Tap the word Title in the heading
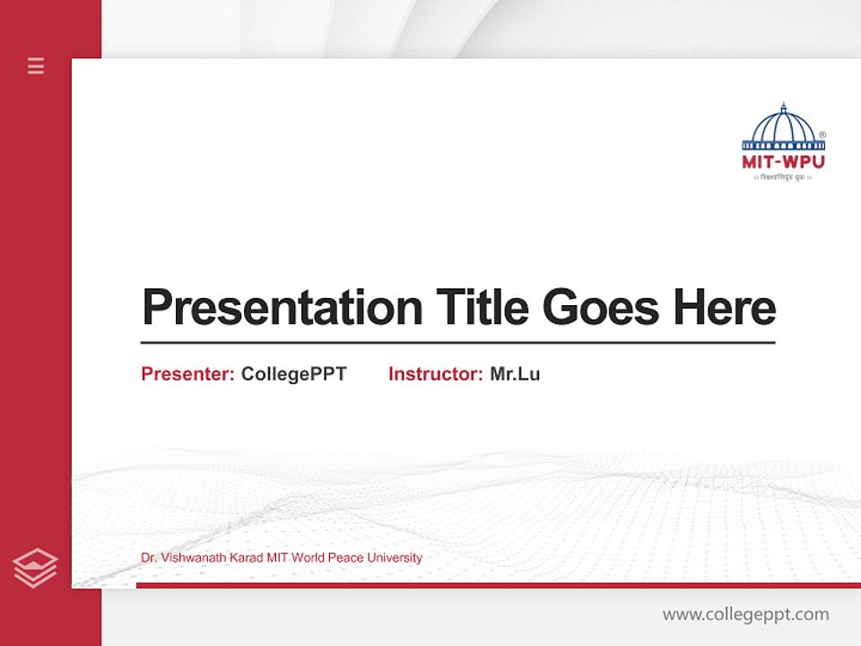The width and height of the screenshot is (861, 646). coord(482,308)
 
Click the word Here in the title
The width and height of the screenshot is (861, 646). coord(725,308)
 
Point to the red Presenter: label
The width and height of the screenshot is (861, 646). coord(187,374)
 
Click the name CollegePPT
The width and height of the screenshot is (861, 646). coord(293,374)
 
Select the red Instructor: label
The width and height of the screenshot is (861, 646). coord(435,374)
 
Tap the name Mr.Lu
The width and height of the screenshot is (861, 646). coord(515,374)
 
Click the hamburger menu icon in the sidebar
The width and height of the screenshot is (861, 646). coord(36,65)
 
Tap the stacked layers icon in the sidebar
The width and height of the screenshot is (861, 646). coord(35,568)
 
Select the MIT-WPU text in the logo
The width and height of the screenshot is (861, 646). coord(783,162)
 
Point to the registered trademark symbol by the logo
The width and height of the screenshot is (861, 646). coord(822,135)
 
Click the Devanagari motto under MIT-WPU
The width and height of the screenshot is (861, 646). coord(783,178)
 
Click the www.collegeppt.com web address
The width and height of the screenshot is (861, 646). coord(745,615)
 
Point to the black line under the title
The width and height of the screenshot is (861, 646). coord(457,342)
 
